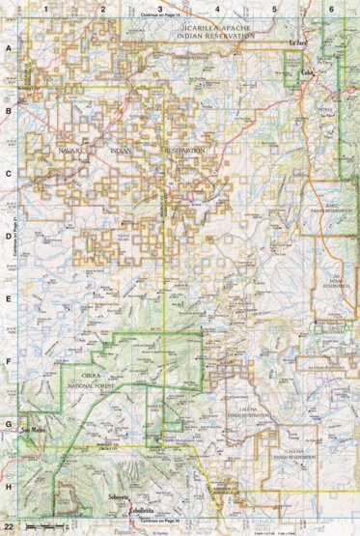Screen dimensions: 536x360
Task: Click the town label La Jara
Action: pos(297,43)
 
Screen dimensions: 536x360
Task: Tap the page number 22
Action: pos(9,523)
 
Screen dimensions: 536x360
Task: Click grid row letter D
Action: pos(10,236)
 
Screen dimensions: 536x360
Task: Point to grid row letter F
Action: pos(10,361)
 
